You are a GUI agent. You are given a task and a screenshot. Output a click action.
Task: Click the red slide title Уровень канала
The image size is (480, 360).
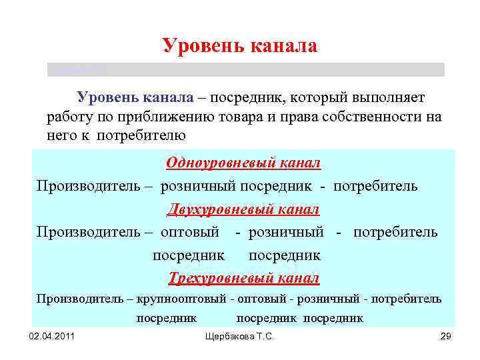(240, 45)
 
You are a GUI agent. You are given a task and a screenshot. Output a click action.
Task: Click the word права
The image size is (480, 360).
(294, 117)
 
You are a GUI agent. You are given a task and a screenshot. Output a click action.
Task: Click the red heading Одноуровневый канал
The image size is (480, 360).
(243, 163)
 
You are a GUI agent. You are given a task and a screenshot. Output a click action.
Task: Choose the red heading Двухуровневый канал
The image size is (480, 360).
(243, 209)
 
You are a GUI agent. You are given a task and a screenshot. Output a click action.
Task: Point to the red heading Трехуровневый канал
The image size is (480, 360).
(243, 277)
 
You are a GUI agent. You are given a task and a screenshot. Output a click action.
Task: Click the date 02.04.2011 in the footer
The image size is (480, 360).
(52, 338)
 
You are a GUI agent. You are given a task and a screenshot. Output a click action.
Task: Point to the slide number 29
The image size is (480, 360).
(446, 338)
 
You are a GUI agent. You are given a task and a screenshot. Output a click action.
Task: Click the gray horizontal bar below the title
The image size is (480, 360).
(245, 70)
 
